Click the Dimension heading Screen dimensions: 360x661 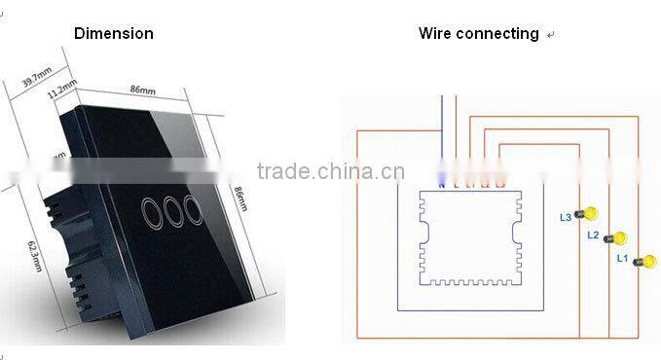pos(114,33)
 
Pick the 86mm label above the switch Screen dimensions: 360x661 pos(142,90)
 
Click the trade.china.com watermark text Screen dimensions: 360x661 pos(330,173)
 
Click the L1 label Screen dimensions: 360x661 pos(622,259)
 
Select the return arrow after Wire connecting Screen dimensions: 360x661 pos(551,35)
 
